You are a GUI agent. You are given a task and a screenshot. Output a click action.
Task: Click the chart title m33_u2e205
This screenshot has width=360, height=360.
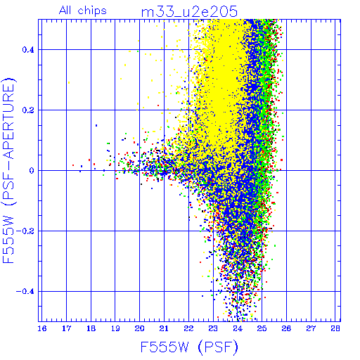189,12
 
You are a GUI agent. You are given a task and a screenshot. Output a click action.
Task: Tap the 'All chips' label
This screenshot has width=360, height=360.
82,11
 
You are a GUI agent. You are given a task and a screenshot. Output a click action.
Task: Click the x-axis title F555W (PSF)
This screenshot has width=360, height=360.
189,347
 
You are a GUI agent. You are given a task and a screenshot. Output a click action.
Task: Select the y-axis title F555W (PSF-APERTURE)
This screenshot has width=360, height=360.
8,171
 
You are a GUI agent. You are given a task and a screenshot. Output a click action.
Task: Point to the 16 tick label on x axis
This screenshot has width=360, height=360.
42,328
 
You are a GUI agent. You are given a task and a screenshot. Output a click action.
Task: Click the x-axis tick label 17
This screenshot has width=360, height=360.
67,328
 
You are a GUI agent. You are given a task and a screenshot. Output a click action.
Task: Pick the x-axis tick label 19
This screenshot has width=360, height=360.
115,328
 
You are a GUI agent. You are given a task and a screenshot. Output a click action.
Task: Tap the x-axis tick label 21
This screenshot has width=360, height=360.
164,328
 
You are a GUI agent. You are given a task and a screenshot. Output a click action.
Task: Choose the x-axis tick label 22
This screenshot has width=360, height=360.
188,328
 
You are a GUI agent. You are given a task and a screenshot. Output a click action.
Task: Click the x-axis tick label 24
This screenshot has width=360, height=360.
238,328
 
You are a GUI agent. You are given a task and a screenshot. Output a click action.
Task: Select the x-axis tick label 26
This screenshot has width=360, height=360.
286,328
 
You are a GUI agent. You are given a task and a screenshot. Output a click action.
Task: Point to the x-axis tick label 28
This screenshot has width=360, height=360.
335,328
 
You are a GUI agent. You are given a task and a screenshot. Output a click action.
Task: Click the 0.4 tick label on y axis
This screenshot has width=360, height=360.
28,50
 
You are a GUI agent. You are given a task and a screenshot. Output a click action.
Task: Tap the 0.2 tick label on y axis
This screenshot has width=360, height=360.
28,110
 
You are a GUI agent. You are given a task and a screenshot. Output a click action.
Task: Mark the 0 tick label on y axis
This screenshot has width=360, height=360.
32,171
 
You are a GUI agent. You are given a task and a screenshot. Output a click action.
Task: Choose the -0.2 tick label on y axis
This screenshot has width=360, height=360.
25,231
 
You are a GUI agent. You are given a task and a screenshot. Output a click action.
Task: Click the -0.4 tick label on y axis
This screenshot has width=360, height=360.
25,292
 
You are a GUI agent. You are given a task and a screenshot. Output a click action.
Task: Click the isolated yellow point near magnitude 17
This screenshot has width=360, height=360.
69,82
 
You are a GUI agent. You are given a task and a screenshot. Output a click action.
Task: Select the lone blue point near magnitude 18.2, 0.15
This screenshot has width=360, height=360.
96,126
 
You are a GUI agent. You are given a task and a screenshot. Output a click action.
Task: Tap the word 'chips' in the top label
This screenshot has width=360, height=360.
92,11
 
